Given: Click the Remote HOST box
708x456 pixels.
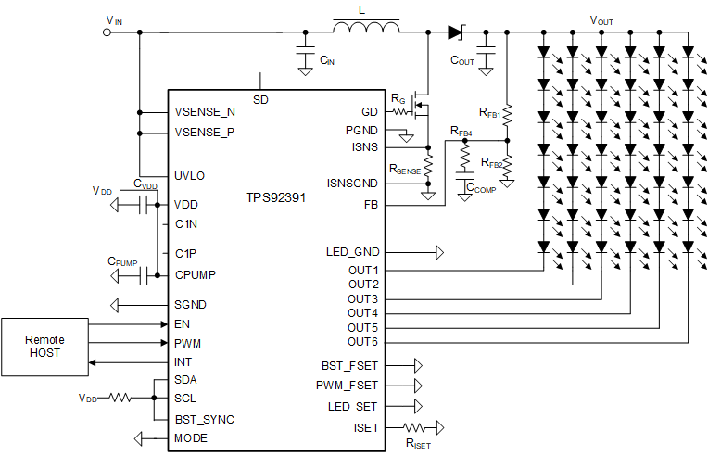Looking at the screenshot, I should point(45,347).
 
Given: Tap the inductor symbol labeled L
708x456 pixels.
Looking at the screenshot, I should point(366,31).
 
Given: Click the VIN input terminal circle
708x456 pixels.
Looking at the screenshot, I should point(107,32).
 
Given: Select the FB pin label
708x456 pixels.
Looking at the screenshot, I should point(371,204).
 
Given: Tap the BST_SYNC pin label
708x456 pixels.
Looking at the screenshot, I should point(205,419).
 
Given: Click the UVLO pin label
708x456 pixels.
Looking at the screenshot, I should point(190,175).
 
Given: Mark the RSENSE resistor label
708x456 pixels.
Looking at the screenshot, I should point(405,171).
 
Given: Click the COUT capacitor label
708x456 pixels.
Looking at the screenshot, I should point(462,60).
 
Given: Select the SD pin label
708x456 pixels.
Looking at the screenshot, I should point(260,98).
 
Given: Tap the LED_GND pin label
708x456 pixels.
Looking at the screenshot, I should point(352,251).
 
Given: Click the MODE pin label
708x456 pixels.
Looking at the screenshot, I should point(191,438).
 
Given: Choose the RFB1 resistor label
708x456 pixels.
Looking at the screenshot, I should point(490,112).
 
